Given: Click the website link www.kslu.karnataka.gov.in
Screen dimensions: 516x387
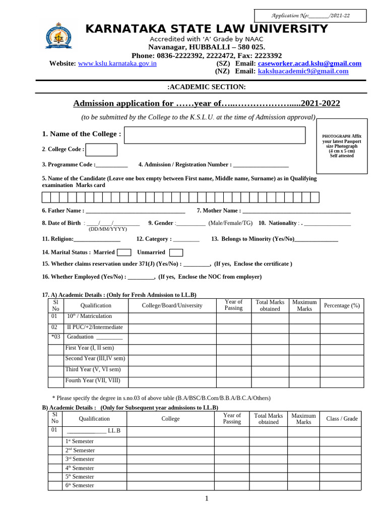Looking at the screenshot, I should tap(117, 63).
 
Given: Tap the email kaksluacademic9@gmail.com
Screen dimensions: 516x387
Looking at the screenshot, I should tap(303, 72).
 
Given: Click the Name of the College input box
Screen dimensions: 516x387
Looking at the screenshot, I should tap(215, 135).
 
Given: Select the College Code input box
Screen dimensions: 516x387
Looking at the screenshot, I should tap(102, 150).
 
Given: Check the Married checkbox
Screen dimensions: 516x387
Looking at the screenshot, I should tap(124, 252).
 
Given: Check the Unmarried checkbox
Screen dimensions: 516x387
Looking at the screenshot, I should tap(176, 252).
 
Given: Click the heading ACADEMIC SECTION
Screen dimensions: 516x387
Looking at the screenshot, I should tap(207, 87).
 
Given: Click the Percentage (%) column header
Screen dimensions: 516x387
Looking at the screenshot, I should tap(342, 305).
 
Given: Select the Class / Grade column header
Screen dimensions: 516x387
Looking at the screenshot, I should tap(342, 419).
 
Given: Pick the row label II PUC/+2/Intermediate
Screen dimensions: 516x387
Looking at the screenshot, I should tap(95, 327).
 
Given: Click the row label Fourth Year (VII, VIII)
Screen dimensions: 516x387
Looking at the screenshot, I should tap(93, 381).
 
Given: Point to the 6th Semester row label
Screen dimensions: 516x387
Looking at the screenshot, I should tap(80, 485).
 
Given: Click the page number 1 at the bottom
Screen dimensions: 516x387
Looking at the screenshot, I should tap(206, 499).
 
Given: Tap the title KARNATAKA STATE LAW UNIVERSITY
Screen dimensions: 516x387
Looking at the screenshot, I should tap(207, 29).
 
